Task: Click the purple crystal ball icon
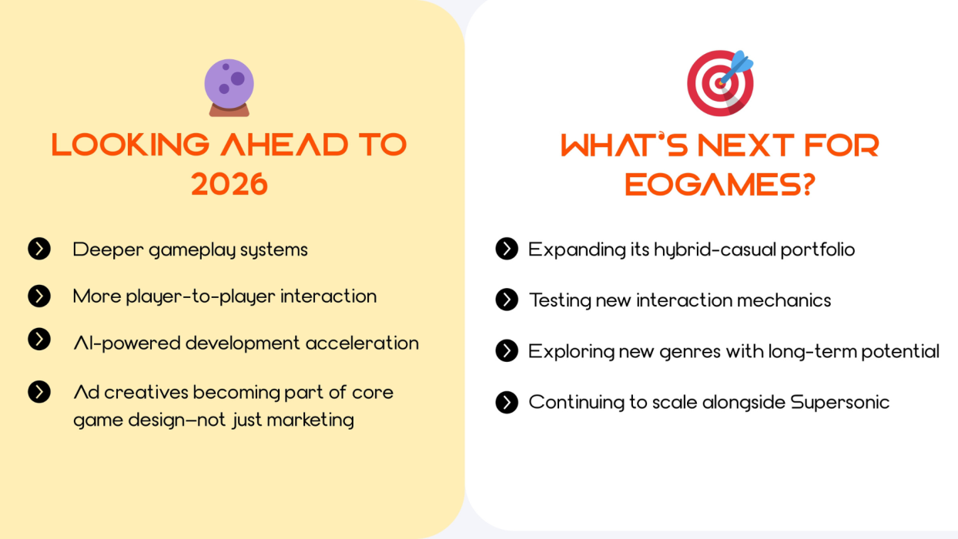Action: pos(229,88)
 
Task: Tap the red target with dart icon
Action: pos(720,83)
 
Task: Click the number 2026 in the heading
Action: pos(229,184)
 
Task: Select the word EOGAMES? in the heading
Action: pos(720,184)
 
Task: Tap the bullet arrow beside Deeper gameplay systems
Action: pos(39,249)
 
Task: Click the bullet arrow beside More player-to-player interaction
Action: pos(39,296)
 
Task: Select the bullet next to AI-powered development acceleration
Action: pos(39,340)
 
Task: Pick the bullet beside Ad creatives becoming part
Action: pos(39,392)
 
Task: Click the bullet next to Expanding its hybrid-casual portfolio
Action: pos(507,249)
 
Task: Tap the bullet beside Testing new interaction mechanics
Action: pos(507,300)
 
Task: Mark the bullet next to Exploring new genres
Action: pos(507,351)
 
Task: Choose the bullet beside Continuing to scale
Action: pos(507,402)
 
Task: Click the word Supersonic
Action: pos(839,403)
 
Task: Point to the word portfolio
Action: pos(818,249)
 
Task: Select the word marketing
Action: pos(310,420)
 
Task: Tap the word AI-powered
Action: pos(127,343)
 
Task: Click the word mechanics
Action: pos(784,300)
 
